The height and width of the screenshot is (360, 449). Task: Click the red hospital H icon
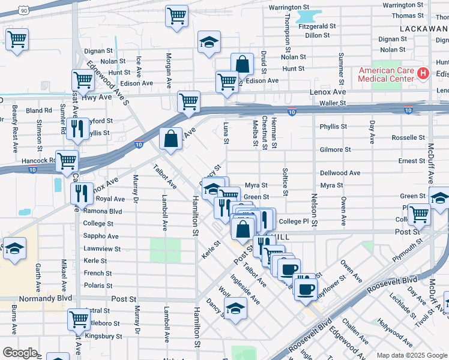point(423,74)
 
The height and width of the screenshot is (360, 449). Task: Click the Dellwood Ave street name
point(340,173)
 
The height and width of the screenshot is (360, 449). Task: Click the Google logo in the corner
point(20,352)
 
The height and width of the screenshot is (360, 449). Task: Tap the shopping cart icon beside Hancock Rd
point(67,160)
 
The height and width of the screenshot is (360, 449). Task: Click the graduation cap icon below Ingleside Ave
point(235,310)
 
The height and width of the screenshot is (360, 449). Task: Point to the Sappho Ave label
point(98,236)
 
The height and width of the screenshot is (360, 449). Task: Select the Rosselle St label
point(408,137)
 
